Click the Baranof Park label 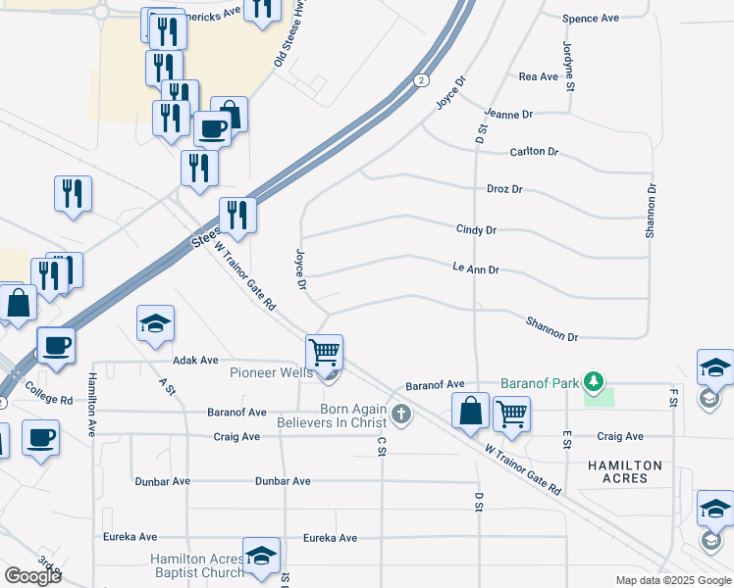tap(539, 382)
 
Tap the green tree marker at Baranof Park tap(593, 380)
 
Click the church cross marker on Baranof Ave tap(400, 415)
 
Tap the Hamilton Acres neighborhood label tap(625, 471)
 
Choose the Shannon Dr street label tap(551, 329)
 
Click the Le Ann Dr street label tap(476, 268)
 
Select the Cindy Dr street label tap(476, 229)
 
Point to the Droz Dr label tap(504, 189)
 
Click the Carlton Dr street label tap(534, 152)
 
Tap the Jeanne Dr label tap(508, 115)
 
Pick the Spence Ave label tap(591, 19)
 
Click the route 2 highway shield tap(420, 79)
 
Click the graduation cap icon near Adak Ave tap(155, 325)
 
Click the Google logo tap(32, 575)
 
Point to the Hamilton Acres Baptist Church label tap(196, 565)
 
